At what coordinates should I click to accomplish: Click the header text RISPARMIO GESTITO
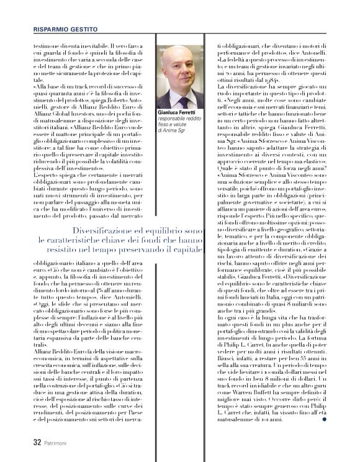click(x=65, y=29)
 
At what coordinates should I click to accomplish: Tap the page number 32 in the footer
click(x=37, y=443)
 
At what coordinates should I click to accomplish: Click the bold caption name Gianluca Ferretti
click(x=178, y=112)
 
